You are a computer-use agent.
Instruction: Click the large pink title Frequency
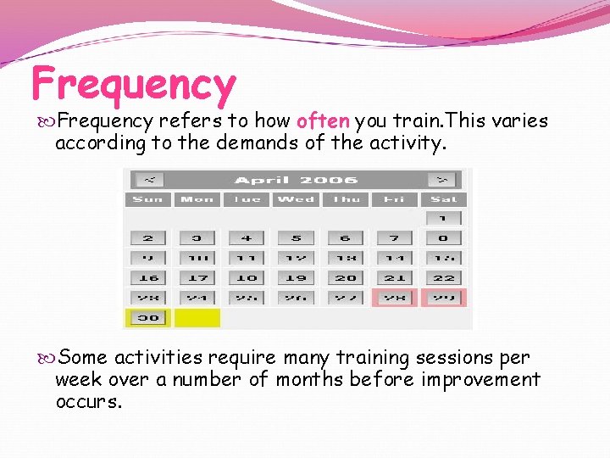click(133, 84)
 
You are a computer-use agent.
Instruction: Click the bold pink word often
click(324, 121)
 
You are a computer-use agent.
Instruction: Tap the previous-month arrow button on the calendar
click(149, 180)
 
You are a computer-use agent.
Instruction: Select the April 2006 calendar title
click(296, 180)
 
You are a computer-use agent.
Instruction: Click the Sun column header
click(148, 199)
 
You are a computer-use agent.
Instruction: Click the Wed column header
click(296, 199)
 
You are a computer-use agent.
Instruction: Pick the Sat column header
click(443, 199)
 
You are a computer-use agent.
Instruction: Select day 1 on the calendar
click(443, 219)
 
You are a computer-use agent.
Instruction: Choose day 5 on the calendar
click(296, 238)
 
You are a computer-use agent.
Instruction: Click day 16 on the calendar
click(148, 277)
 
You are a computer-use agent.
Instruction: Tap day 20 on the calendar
click(345, 277)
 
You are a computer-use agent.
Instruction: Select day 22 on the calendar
click(443, 277)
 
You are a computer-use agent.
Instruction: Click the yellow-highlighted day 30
click(148, 318)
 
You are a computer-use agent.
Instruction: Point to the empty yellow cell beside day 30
click(197, 318)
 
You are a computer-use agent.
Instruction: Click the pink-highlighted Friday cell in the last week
click(394, 298)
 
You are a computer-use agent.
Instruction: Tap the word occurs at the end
click(88, 401)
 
